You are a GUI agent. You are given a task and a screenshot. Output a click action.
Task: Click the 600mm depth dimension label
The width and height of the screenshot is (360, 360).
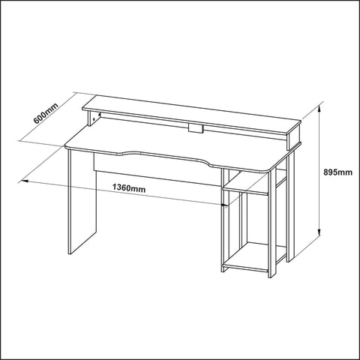point(46,113)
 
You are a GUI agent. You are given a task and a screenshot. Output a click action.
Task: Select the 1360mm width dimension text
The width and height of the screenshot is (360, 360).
point(129,187)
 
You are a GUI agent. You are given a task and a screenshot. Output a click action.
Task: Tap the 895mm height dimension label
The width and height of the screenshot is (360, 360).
point(338,172)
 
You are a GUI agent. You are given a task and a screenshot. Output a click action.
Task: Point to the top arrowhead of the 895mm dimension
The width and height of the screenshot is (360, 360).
point(319,108)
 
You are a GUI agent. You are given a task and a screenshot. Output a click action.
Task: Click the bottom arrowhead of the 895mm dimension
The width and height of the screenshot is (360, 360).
point(319,232)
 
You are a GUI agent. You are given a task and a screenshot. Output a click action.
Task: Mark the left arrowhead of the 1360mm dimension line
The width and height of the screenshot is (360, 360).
point(25,181)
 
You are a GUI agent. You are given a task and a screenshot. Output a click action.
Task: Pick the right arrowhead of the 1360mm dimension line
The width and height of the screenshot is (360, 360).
point(225,205)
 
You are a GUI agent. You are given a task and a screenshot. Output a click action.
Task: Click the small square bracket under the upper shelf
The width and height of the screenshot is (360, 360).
point(195,127)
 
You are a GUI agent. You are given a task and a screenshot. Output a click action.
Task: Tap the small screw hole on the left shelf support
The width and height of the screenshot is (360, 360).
point(94,119)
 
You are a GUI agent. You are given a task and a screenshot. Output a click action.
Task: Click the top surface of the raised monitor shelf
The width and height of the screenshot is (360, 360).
point(192,114)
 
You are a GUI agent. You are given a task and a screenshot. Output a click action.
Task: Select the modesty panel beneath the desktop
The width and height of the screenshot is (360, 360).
point(157,170)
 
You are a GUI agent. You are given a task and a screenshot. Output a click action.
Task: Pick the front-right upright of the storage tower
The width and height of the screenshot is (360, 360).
point(271,223)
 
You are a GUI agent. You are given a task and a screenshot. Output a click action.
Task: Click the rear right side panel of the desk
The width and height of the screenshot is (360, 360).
point(290,205)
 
